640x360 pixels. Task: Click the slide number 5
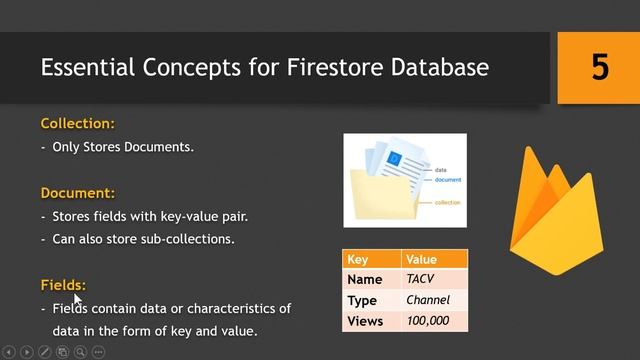(599, 68)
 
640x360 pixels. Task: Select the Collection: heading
(78, 124)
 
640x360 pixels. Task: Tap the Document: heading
(78, 192)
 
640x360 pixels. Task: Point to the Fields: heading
(63, 285)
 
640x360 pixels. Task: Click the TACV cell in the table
(420, 280)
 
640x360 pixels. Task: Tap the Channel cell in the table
(428, 300)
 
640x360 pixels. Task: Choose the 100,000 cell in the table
(427, 321)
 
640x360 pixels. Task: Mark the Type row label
(361, 301)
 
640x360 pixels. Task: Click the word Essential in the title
(88, 68)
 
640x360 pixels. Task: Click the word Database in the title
(445, 68)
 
